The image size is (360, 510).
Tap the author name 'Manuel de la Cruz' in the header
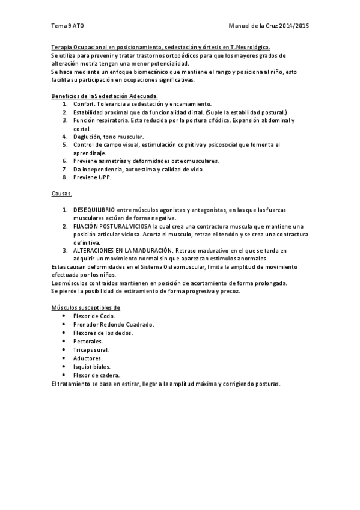click(x=255, y=26)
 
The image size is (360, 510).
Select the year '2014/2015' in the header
click(x=295, y=26)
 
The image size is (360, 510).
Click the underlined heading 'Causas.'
click(x=61, y=194)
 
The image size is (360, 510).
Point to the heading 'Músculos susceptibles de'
click(x=86, y=307)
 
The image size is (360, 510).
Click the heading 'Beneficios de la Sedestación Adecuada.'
click(x=105, y=96)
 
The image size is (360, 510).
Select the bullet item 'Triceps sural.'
click(x=91, y=349)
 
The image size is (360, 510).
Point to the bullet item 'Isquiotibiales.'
click(x=92, y=366)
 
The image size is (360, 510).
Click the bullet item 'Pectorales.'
click(x=89, y=341)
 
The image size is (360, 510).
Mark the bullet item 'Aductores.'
click(x=88, y=358)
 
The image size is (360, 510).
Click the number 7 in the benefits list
click(x=64, y=169)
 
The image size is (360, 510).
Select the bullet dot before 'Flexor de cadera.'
click(x=64, y=375)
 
